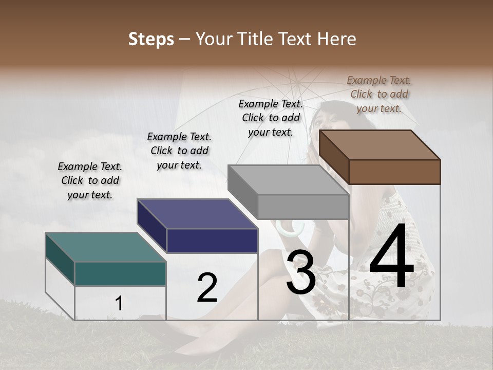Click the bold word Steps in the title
click(151, 39)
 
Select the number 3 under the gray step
click(300, 272)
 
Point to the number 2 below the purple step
click(207, 288)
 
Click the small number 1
click(119, 304)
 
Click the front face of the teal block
click(120, 273)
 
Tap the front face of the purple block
click(212, 240)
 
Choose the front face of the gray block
click(303, 207)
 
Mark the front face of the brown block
click(394, 172)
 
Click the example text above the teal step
click(90, 180)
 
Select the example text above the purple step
click(179, 151)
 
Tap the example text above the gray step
click(271, 118)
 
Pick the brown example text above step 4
click(379, 94)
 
